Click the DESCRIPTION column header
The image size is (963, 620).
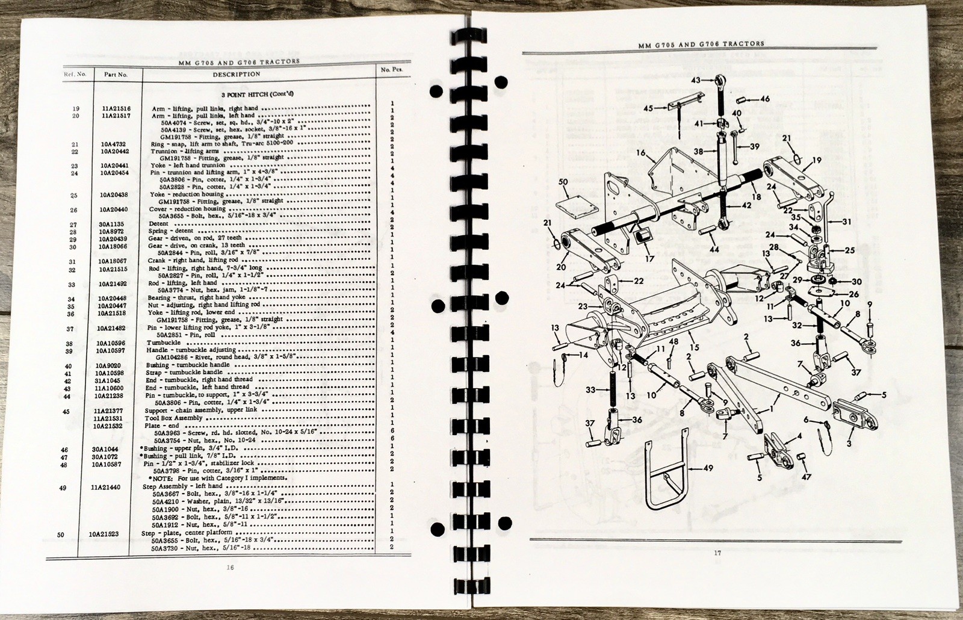coord(236,75)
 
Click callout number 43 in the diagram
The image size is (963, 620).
coord(695,80)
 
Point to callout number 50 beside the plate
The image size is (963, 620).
coord(563,181)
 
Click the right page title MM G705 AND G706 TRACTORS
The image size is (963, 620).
coord(700,43)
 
